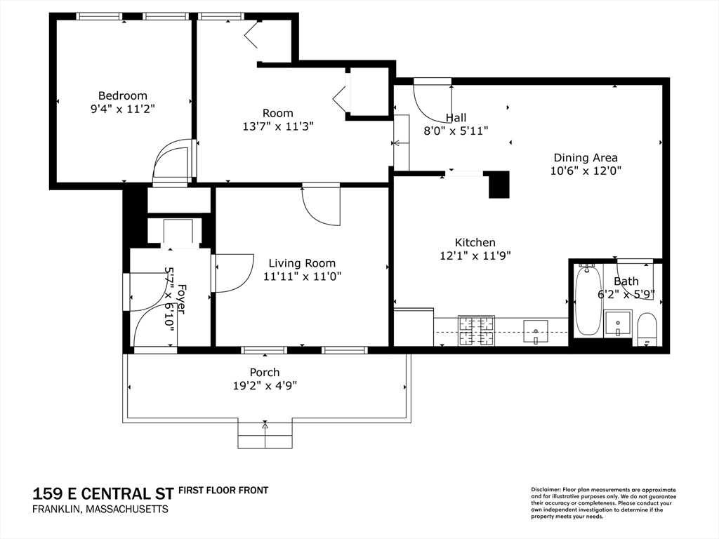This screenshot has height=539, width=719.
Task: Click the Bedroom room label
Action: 123,95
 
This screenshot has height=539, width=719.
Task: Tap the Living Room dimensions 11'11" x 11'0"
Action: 302,277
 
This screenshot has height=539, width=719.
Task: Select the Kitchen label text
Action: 475,242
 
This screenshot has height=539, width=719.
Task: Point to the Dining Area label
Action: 586,158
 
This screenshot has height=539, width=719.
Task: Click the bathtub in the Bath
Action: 588,300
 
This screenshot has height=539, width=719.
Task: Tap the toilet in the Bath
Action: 647,329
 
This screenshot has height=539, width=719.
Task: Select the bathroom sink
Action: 618,324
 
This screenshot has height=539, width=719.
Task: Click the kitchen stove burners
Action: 477,331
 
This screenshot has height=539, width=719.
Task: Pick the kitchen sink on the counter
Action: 536,332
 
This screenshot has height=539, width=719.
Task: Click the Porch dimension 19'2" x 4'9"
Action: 265,386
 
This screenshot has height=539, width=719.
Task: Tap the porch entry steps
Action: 265,434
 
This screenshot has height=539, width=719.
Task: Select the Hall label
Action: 456,118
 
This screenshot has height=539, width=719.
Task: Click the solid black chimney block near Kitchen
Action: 499,185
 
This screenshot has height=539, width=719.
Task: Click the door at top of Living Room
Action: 321,206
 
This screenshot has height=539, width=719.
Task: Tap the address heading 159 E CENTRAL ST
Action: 104,494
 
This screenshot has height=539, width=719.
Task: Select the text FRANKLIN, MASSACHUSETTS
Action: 100,510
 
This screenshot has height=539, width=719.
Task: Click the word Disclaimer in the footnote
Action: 545,490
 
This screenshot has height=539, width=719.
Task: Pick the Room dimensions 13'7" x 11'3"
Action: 278,126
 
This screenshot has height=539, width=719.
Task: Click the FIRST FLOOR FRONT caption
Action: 223,491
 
